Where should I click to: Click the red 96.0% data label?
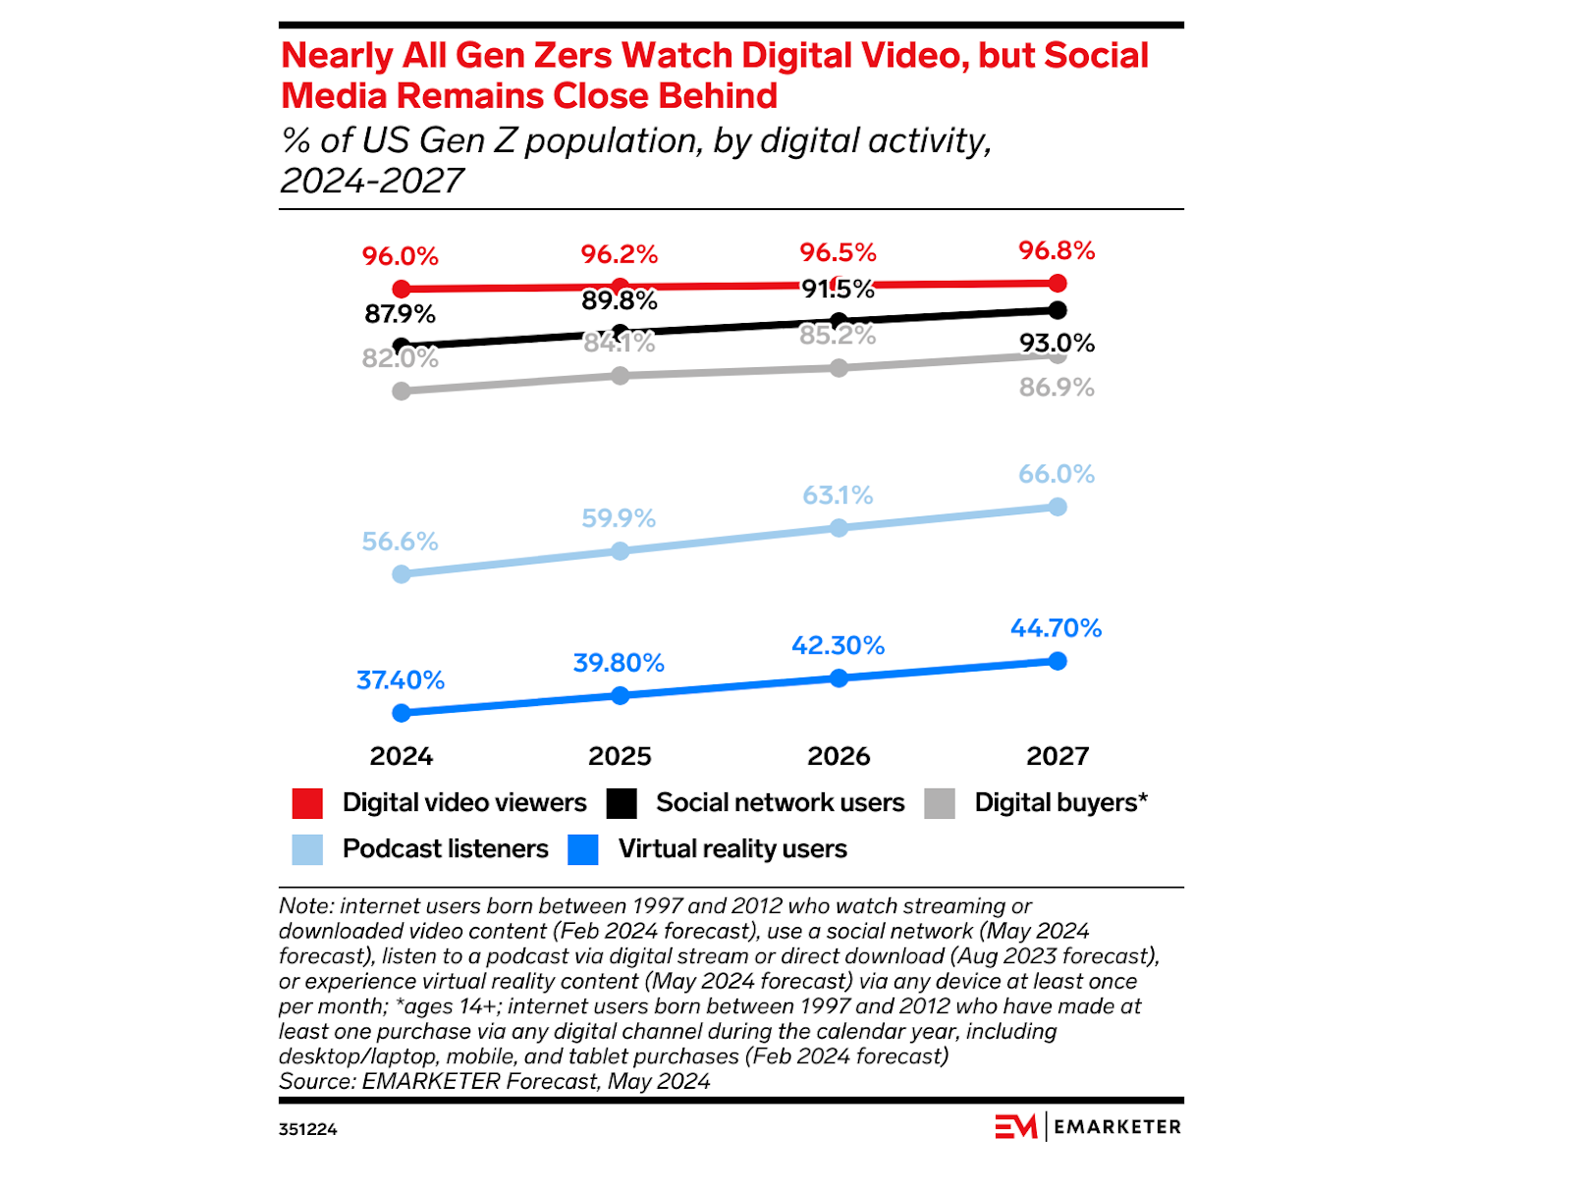click(x=400, y=256)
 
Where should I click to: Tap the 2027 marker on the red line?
click(x=1057, y=284)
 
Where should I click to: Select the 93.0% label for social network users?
click(x=1056, y=343)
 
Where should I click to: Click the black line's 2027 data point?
click(x=1057, y=310)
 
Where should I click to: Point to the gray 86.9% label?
click(x=1056, y=387)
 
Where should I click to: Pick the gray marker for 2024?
click(x=401, y=391)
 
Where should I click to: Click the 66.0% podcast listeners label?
click(x=1056, y=474)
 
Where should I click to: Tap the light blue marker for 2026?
click(x=839, y=528)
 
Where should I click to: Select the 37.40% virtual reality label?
click(x=400, y=679)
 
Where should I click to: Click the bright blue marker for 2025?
click(x=620, y=695)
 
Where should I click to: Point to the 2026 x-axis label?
click(x=839, y=756)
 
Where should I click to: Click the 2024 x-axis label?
click(x=401, y=756)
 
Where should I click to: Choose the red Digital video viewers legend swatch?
click(x=307, y=803)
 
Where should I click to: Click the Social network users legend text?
click(x=780, y=803)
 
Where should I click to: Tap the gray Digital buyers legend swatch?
click(x=940, y=803)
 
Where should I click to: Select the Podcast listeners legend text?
click(x=445, y=849)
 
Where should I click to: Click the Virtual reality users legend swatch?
click(x=583, y=849)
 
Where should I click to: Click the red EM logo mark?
click(x=1015, y=1126)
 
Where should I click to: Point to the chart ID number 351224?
click(x=307, y=1129)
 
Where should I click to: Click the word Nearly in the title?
click(x=337, y=56)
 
